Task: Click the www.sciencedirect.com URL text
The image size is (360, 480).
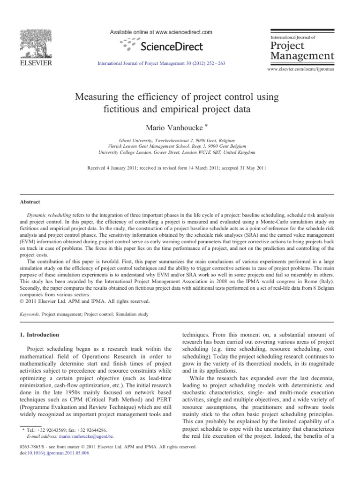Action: (x=180, y=32)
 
